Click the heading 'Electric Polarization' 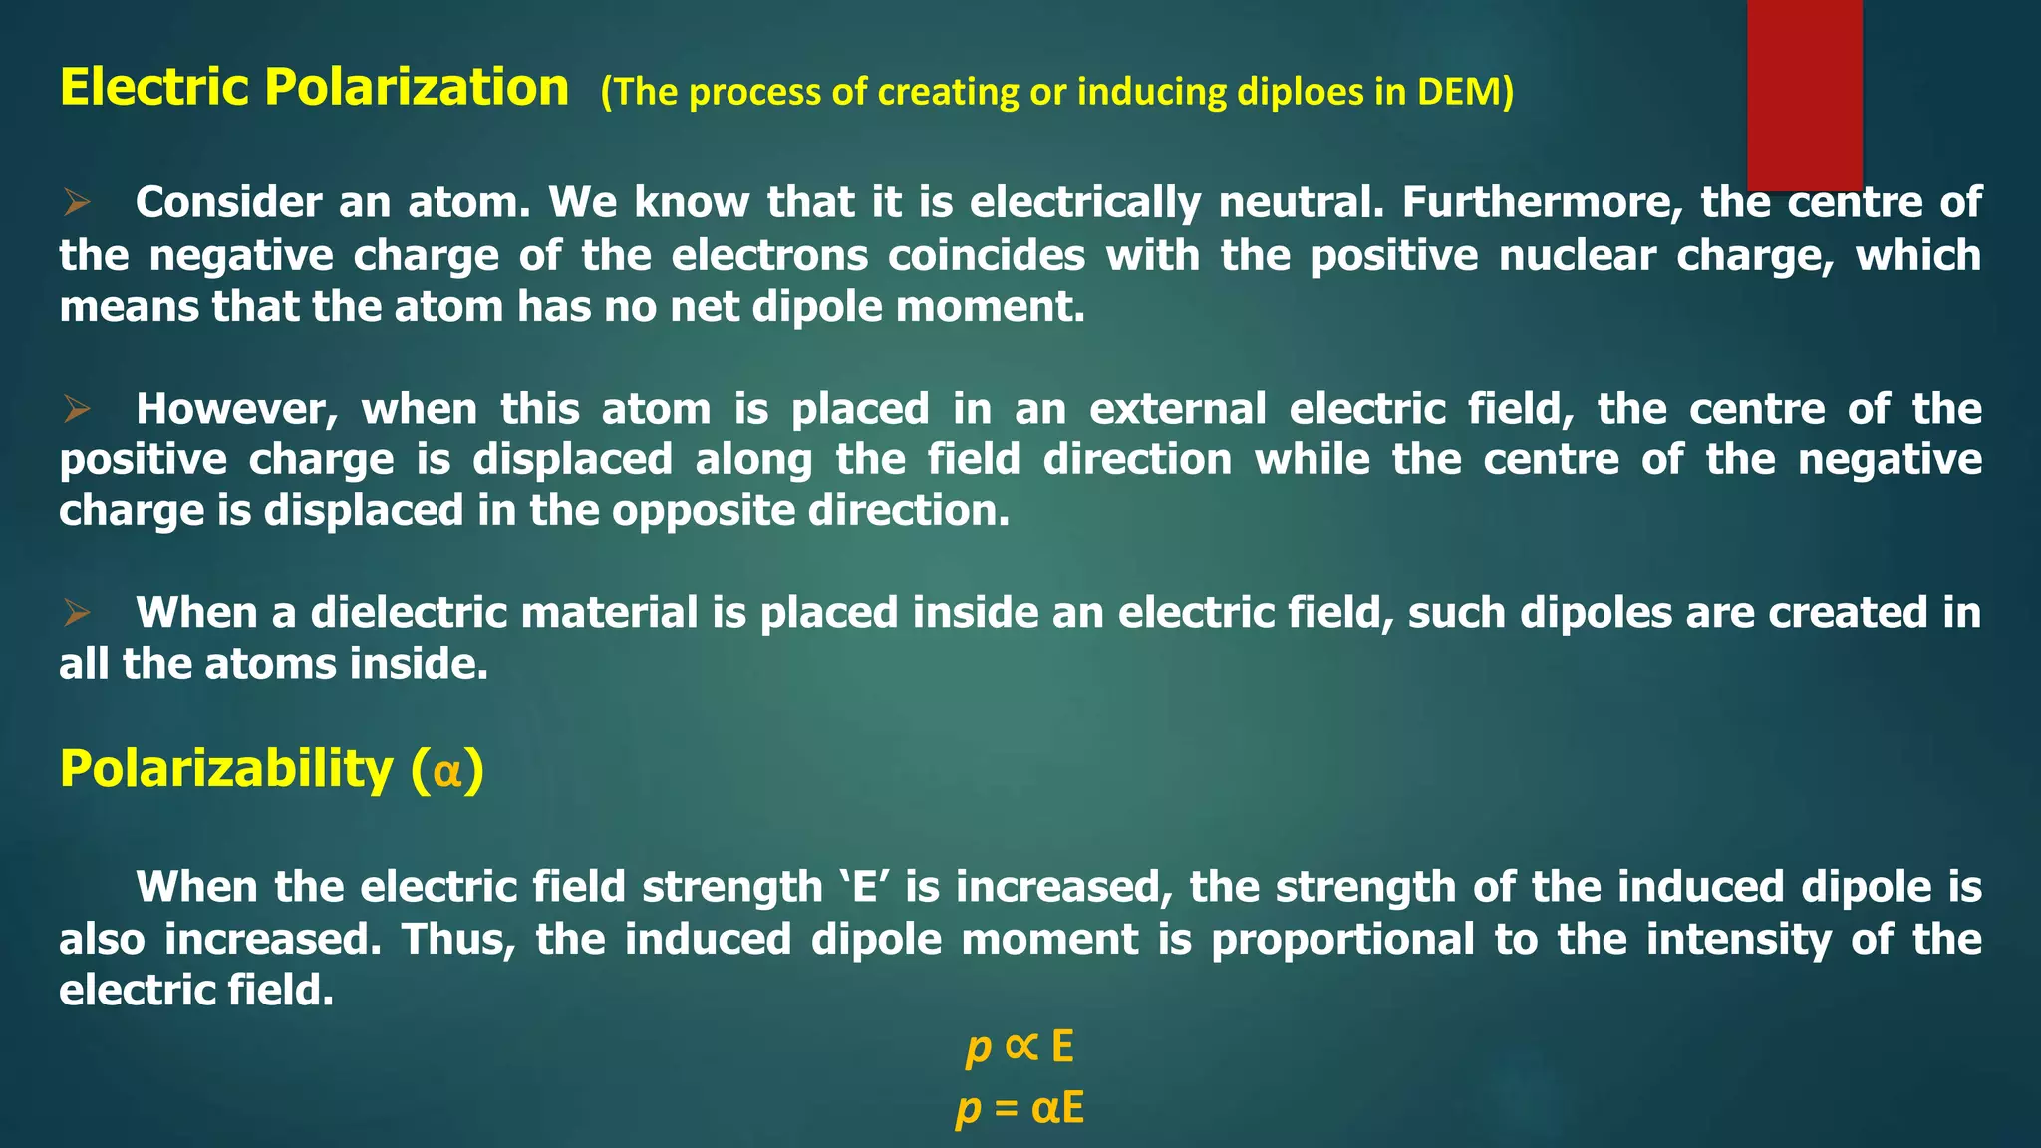click(314, 88)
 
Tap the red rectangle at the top click(1804, 95)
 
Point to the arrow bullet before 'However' click(77, 409)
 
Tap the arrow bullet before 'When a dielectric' click(77, 613)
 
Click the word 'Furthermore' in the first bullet click(1542, 203)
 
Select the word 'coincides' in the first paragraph click(987, 256)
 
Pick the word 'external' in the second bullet click(1178, 409)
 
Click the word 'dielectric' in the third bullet click(409, 613)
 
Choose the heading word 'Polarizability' click(226, 770)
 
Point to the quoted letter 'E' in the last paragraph click(864, 887)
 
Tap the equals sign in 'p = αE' click(1006, 1109)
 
